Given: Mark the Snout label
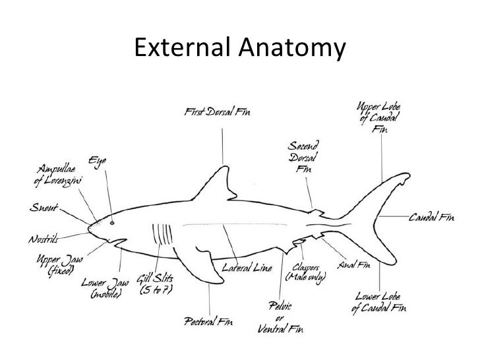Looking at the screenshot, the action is click(x=42, y=206).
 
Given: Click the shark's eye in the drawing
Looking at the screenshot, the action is click(x=111, y=223).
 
